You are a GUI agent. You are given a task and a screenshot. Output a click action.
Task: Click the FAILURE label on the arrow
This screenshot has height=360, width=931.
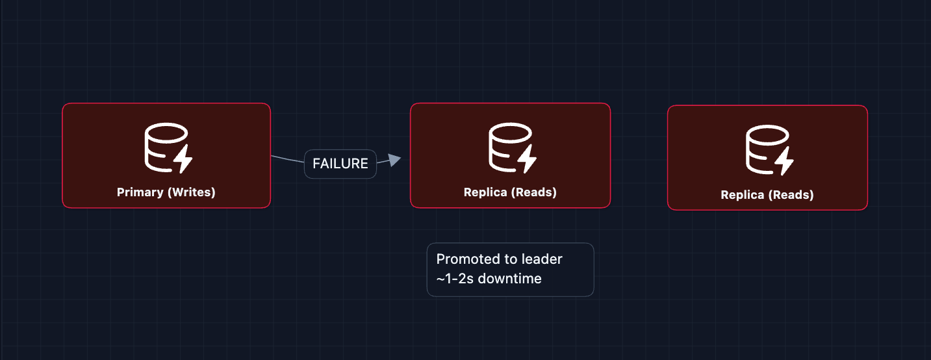pyautogui.click(x=340, y=164)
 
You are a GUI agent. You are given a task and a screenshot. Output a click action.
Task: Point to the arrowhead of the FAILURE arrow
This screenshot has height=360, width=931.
pyautogui.click(x=394, y=159)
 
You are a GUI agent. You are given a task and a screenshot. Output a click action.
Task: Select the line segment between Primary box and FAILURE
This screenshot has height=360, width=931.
pyautogui.click(x=288, y=159)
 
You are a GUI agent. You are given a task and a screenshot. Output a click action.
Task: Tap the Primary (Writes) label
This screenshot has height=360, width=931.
pyautogui.click(x=166, y=192)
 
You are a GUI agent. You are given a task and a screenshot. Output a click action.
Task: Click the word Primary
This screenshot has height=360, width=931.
pyautogui.click(x=140, y=192)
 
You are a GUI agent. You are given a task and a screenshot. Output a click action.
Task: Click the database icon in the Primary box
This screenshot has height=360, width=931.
pyautogui.click(x=166, y=148)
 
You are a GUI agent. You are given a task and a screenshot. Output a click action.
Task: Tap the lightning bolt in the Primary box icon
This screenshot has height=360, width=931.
pyautogui.click(x=183, y=159)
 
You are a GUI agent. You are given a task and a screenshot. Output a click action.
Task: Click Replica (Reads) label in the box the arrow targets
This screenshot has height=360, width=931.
pyautogui.click(x=510, y=192)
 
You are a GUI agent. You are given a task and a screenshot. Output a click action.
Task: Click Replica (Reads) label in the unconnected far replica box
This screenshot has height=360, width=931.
pyautogui.click(x=767, y=195)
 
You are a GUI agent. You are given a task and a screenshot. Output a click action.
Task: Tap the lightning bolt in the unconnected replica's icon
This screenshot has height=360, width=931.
pyautogui.click(x=784, y=161)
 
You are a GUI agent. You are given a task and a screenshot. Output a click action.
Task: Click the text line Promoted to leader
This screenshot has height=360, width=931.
pyautogui.click(x=499, y=259)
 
